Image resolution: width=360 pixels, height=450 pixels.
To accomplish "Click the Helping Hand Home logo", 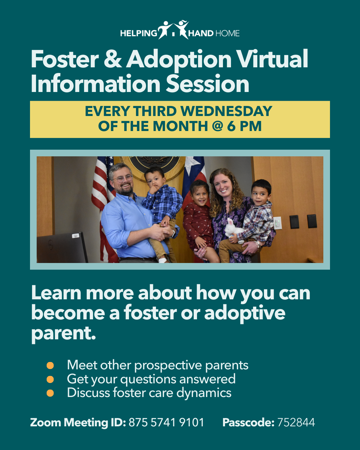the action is pyautogui.click(x=180, y=30).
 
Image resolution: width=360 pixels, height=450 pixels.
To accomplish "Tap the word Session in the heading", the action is pyautogui.click(x=208, y=84).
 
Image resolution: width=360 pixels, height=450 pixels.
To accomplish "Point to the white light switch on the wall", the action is pyautogui.click(x=278, y=223).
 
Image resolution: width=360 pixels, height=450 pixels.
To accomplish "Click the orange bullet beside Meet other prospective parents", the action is pyautogui.click(x=50, y=366).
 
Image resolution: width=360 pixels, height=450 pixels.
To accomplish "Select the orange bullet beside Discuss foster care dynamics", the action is pyautogui.click(x=50, y=393).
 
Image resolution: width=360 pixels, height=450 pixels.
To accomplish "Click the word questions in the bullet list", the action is pyautogui.click(x=149, y=380).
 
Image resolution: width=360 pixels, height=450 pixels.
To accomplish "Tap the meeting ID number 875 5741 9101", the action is pyautogui.click(x=166, y=422).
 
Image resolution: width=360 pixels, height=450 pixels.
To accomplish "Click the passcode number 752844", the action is pyautogui.click(x=296, y=422).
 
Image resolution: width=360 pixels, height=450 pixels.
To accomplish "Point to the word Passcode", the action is pyautogui.click(x=248, y=422).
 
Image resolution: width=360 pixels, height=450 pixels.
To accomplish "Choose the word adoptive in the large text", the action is pyautogui.click(x=245, y=314).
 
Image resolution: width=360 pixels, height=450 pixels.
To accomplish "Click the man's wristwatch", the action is pyautogui.click(x=173, y=234).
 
